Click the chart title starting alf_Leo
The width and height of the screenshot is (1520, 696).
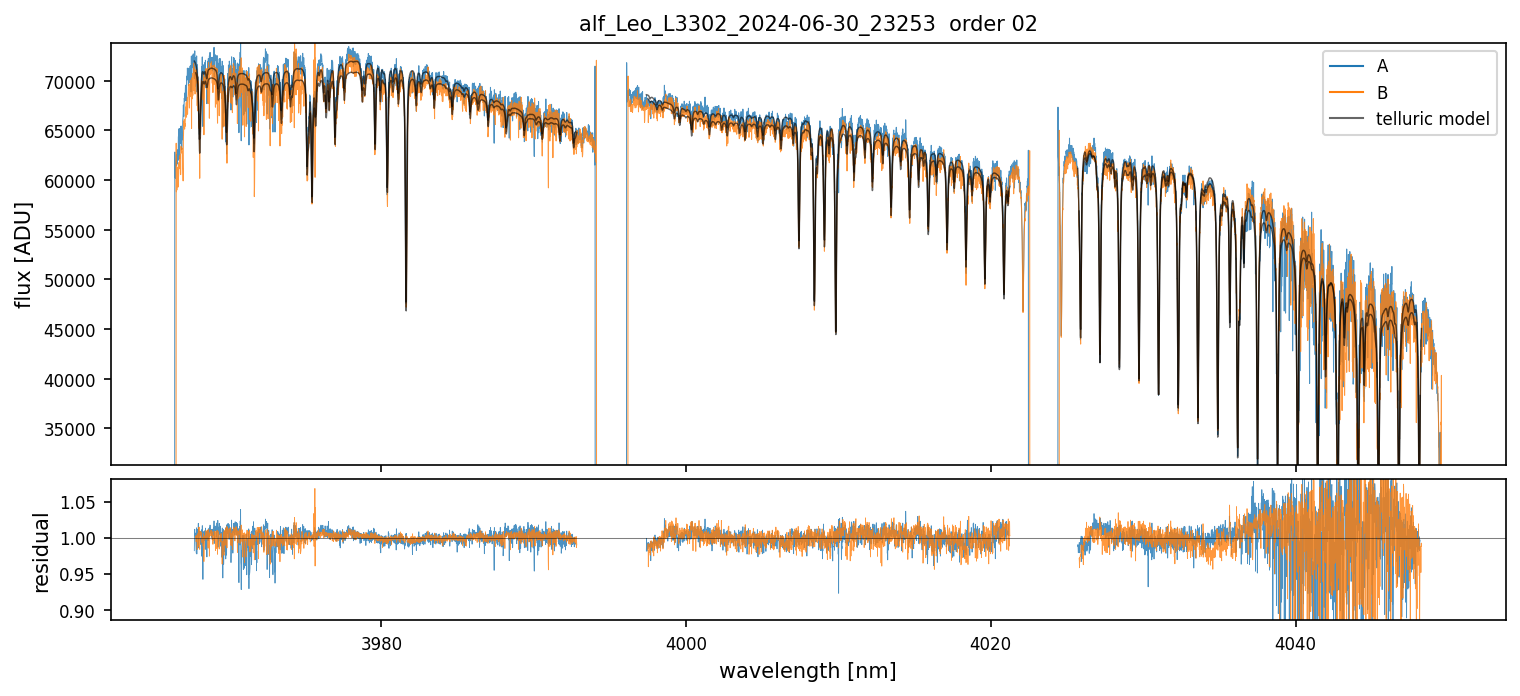point(808,24)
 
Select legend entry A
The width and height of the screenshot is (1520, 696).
point(1382,66)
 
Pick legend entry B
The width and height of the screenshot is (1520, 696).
point(1382,93)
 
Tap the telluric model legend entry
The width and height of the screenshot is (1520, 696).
point(1432,120)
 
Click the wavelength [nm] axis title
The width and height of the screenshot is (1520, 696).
point(807,670)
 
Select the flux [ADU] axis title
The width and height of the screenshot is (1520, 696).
point(23,254)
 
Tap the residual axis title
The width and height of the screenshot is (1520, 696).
point(42,551)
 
